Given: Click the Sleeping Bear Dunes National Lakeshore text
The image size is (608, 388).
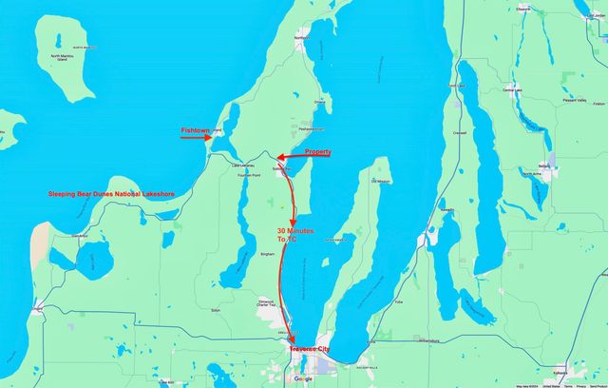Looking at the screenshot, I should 112,194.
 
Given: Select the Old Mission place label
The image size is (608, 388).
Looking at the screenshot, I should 381,181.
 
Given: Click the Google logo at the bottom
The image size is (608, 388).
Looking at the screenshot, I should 303,378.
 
